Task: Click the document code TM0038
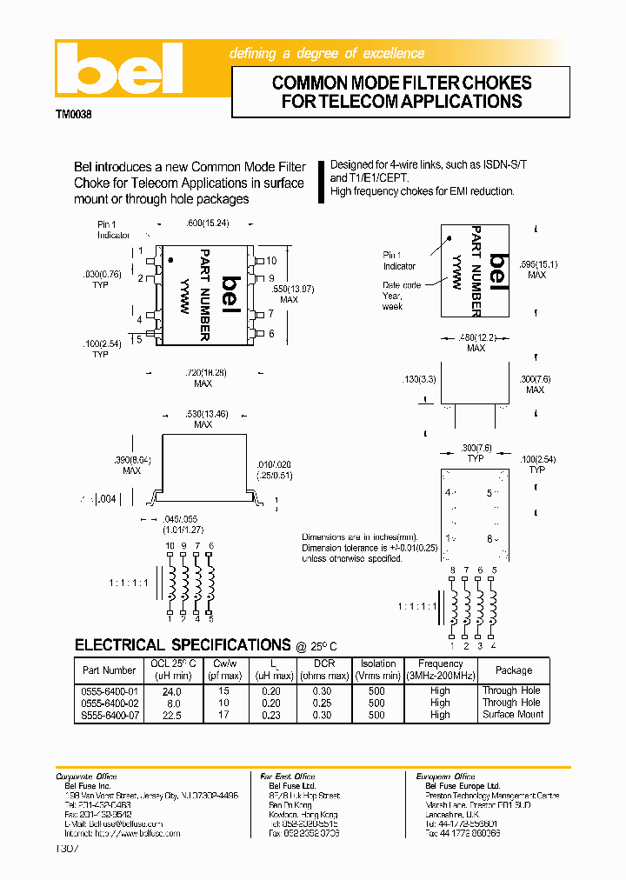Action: coord(74,114)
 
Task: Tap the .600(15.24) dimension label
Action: coord(208,223)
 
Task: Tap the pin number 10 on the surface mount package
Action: coord(271,261)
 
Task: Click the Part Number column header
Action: coord(109,670)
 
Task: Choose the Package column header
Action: coord(513,670)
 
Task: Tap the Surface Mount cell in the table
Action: coord(513,714)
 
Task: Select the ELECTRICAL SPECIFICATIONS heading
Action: coord(183,645)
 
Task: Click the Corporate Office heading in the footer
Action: coord(86,777)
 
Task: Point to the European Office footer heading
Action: coord(444,777)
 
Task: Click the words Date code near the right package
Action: coord(402,285)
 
